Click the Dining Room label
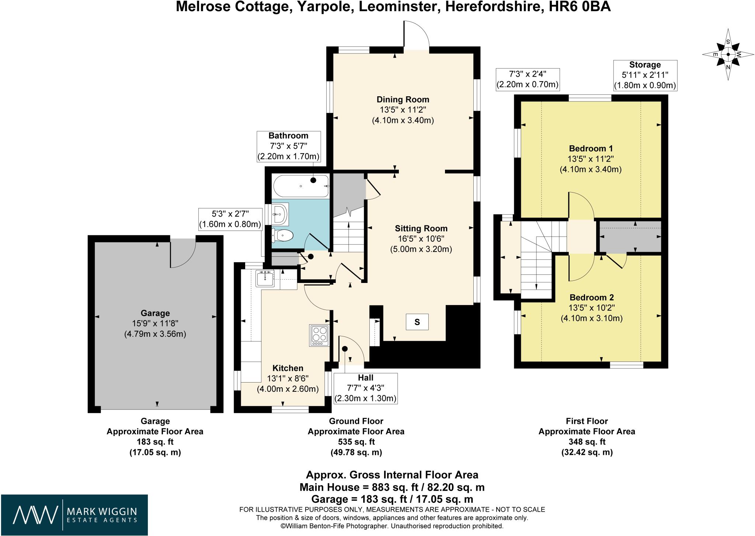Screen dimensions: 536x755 [x=403, y=99]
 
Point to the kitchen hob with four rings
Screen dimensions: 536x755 [x=319, y=335]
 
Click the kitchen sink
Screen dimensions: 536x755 [x=265, y=278]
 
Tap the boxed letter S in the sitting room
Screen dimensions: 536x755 [x=417, y=322]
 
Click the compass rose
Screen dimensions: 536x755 [x=728, y=55]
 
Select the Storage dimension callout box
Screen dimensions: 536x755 [x=644, y=75]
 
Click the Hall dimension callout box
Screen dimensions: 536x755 [x=365, y=388]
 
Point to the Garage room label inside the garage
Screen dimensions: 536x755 [x=155, y=313]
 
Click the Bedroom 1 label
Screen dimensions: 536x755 [x=591, y=149]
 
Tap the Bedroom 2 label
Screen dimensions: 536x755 [x=591, y=297]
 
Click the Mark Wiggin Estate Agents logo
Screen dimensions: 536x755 [x=74, y=515]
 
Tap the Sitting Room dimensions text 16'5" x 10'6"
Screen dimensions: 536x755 [x=421, y=239]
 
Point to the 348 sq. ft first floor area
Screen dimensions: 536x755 [x=587, y=442]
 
